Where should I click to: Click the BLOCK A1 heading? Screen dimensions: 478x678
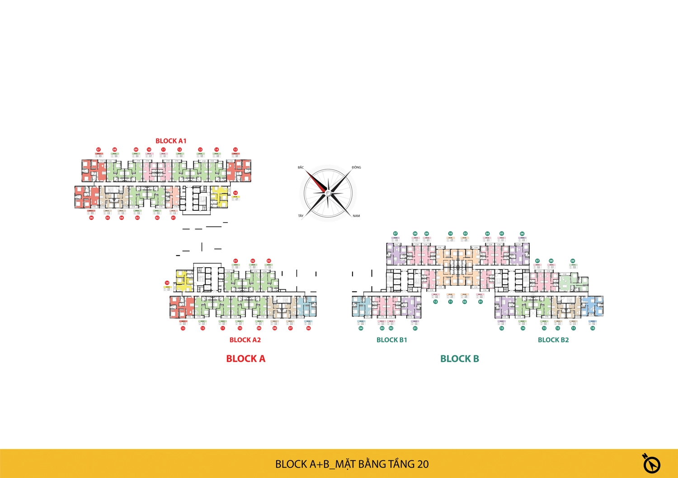coord(171,141)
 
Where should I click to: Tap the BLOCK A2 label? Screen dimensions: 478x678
coord(245,340)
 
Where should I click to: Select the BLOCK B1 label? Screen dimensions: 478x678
coord(392,340)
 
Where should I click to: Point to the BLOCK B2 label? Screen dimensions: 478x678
coord(553,340)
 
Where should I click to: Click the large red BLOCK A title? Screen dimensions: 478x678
coord(245,359)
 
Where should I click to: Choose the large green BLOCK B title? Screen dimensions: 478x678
coord(459,359)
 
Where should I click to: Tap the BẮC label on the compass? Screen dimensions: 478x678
coord(301,167)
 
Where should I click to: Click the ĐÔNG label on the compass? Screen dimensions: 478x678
coord(356,167)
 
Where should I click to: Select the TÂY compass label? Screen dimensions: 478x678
coord(301,216)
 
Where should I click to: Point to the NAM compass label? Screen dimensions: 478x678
coord(356,216)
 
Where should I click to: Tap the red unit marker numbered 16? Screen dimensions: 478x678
coord(235,193)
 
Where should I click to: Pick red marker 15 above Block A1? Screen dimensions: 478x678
coord(235,149)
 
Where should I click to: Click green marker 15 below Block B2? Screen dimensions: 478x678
coord(502,328)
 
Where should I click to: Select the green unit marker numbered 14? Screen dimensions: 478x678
coord(523,328)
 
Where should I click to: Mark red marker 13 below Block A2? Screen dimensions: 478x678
coord(183,328)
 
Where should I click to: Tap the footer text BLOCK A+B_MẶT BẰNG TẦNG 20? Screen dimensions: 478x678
coord(352,464)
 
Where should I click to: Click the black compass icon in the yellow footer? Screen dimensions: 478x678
coord(651,463)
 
